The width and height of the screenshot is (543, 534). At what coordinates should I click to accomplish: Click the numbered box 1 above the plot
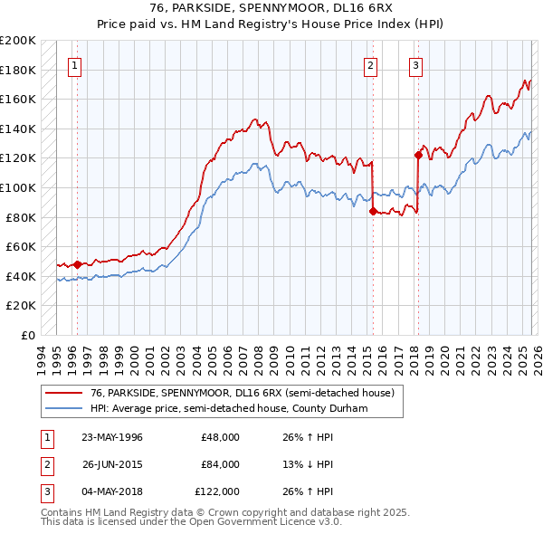[73, 64]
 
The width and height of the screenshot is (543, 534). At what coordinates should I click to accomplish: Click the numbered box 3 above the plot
[415, 64]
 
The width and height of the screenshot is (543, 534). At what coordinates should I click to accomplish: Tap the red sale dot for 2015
[373, 211]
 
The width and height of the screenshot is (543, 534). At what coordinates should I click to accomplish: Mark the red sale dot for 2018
[418, 155]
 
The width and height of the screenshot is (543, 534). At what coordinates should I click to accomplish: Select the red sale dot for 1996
[77, 264]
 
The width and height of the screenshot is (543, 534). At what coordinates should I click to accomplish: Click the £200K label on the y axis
[18, 41]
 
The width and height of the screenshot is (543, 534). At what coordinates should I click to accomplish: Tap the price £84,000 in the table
[221, 464]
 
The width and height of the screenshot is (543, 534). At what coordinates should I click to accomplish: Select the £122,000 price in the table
[218, 491]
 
